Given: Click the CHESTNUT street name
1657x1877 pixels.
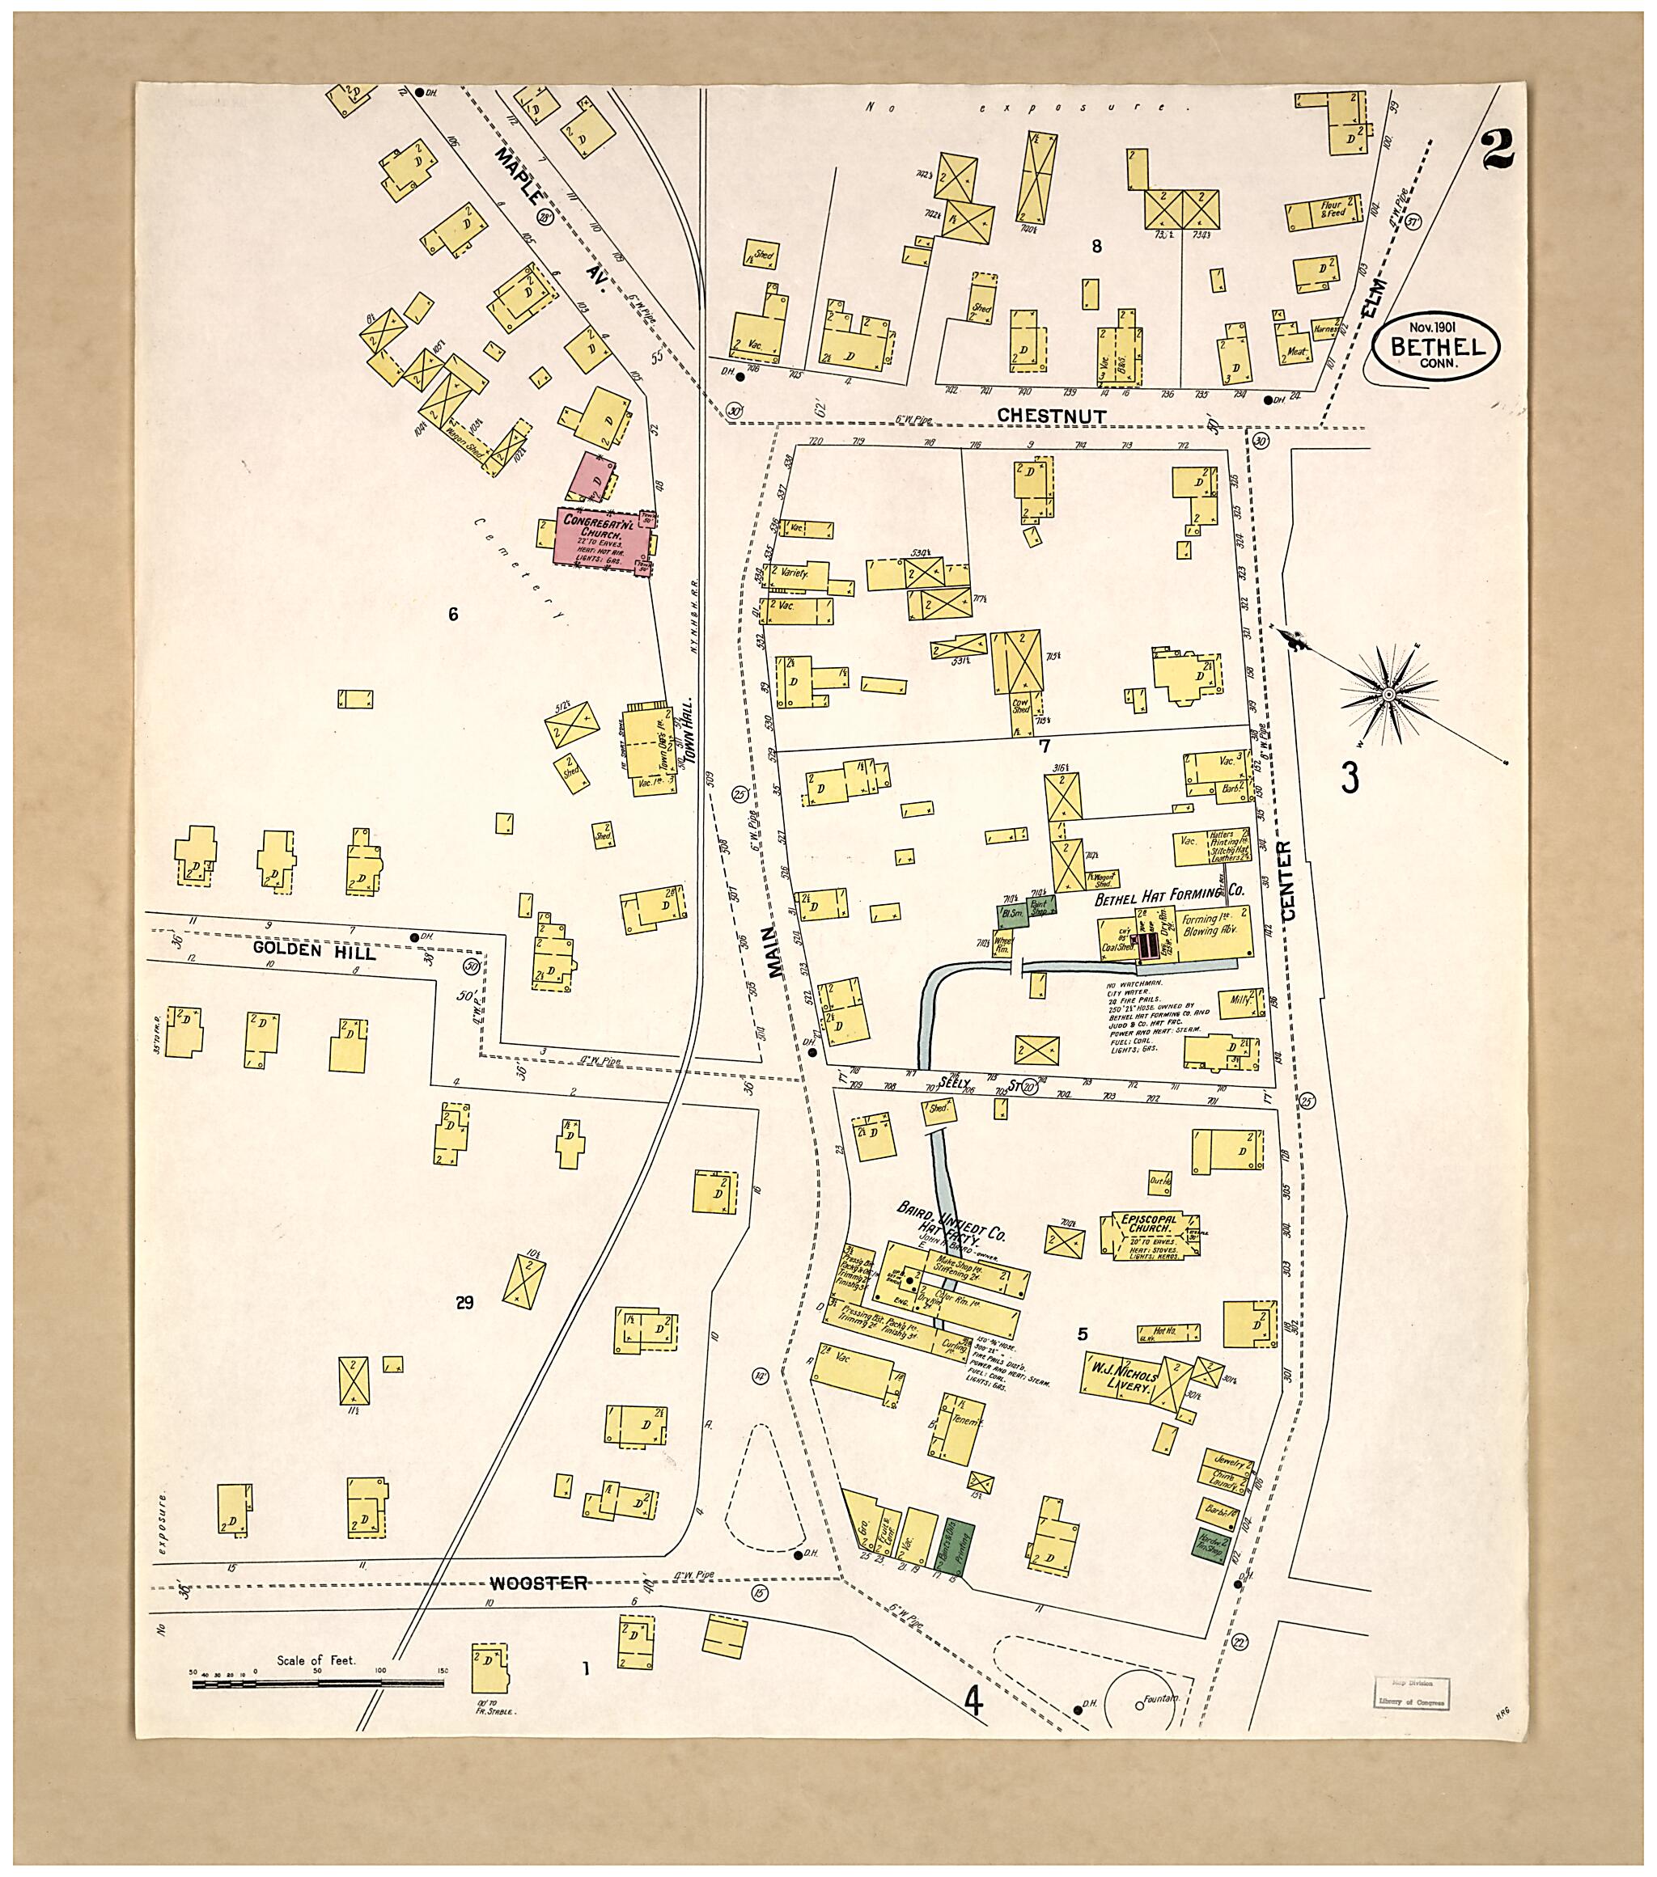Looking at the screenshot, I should (1052, 416).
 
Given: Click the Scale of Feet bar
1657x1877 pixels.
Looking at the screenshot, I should (317, 1683).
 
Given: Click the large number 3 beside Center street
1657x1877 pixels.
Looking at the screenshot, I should (1349, 777).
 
